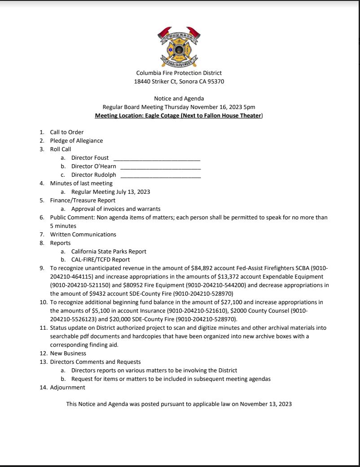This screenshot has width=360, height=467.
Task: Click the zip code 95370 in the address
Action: coord(215,82)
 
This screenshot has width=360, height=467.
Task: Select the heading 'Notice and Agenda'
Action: coord(179,99)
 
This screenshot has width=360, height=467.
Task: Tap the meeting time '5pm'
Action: coord(249,107)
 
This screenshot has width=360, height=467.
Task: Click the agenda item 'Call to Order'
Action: coord(67,132)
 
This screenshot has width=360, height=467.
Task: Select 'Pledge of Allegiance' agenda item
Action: coord(76,141)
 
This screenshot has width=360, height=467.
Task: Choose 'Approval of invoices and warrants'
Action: coord(116,209)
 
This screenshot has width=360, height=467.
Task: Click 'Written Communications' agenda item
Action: coord(83,235)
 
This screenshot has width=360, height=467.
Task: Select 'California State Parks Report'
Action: coord(109,252)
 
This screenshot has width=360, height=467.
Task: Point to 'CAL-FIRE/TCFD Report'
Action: coord(101,260)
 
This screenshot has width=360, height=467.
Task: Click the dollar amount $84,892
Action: coord(202,268)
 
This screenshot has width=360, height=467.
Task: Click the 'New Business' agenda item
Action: coord(68,354)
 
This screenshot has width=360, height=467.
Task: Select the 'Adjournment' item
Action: coord(67,388)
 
